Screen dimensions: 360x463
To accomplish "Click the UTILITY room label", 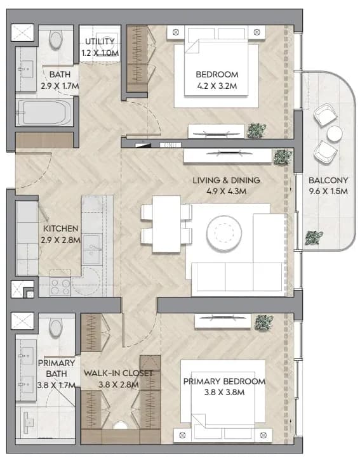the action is [x=100, y=41].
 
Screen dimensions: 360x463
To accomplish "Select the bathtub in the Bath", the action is [x=44, y=113].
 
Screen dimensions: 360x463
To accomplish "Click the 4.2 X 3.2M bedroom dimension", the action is [x=217, y=86].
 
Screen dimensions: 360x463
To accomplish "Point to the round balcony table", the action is [x=335, y=133].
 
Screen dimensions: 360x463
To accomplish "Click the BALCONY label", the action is [x=328, y=180].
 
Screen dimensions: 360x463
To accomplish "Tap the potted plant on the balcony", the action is [x=314, y=238].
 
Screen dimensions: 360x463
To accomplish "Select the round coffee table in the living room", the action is [x=223, y=232].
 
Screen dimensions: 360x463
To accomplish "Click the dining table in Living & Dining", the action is [x=166, y=224].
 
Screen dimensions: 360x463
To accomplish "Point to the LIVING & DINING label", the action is [x=227, y=180].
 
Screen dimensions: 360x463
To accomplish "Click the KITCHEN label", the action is [x=60, y=228].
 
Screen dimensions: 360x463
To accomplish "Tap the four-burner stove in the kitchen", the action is [x=60, y=287].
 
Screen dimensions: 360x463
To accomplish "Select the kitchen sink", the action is [x=92, y=249].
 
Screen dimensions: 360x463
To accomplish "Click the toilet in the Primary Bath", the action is [x=56, y=327].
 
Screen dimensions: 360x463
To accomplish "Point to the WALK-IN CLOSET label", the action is [x=118, y=373].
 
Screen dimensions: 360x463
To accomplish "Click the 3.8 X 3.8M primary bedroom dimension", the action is [x=224, y=393].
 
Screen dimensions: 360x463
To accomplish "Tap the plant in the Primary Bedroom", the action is [x=264, y=323].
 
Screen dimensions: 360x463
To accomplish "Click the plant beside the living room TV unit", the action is [x=283, y=157].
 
